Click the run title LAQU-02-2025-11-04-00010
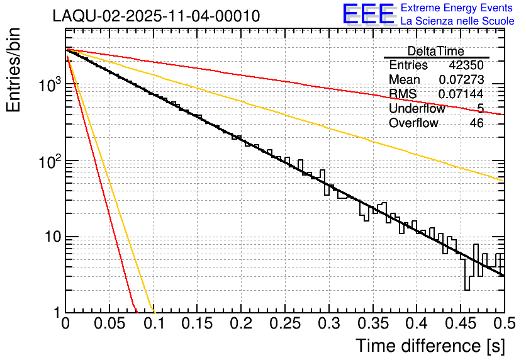tap(156, 16)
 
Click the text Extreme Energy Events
tap(457, 8)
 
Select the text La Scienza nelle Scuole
tap(457, 21)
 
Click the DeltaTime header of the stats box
tap(436, 51)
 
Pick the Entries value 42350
tap(466, 65)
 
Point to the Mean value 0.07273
tap(461, 80)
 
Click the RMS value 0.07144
tap(461, 94)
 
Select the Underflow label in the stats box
tap(417, 109)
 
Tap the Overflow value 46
tap(477, 123)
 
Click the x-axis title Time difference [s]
tap(430, 346)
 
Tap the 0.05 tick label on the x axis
tap(109, 324)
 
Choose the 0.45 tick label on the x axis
tap(461, 324)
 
